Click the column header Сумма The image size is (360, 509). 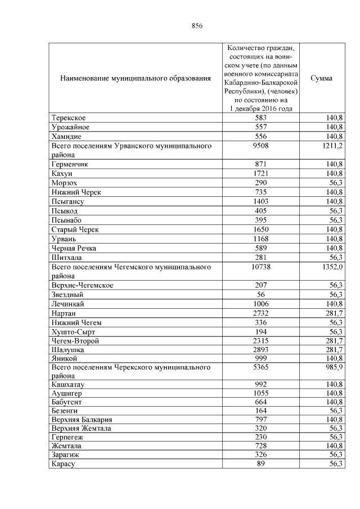321,78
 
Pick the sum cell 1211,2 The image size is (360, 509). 331,146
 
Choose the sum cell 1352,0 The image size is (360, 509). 331,267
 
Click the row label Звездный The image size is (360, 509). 67,294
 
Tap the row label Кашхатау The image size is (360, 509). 68,385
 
